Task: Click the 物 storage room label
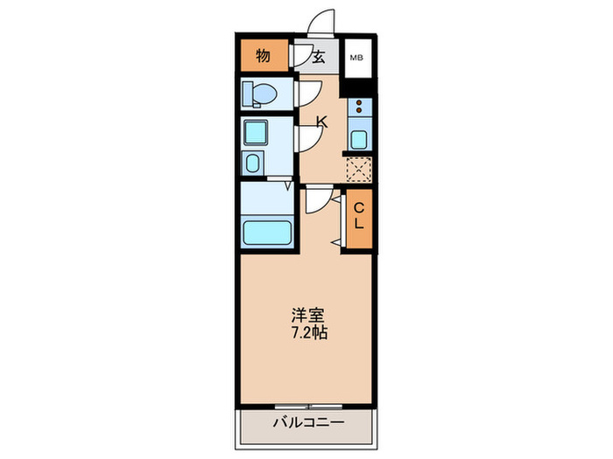tap(263, 58)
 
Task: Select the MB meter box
tap(357, 59)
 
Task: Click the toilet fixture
tap(260, 93)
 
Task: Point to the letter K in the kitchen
tap(322, 122)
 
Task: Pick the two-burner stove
tap(359, 109)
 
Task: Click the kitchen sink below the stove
tap(359, 139)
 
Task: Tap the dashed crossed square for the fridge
tap(359, 169)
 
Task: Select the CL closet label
tap(358, 215)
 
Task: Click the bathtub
tap(267, 233)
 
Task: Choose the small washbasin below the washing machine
tap(254, 163)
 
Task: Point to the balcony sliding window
tap(306, 406)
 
